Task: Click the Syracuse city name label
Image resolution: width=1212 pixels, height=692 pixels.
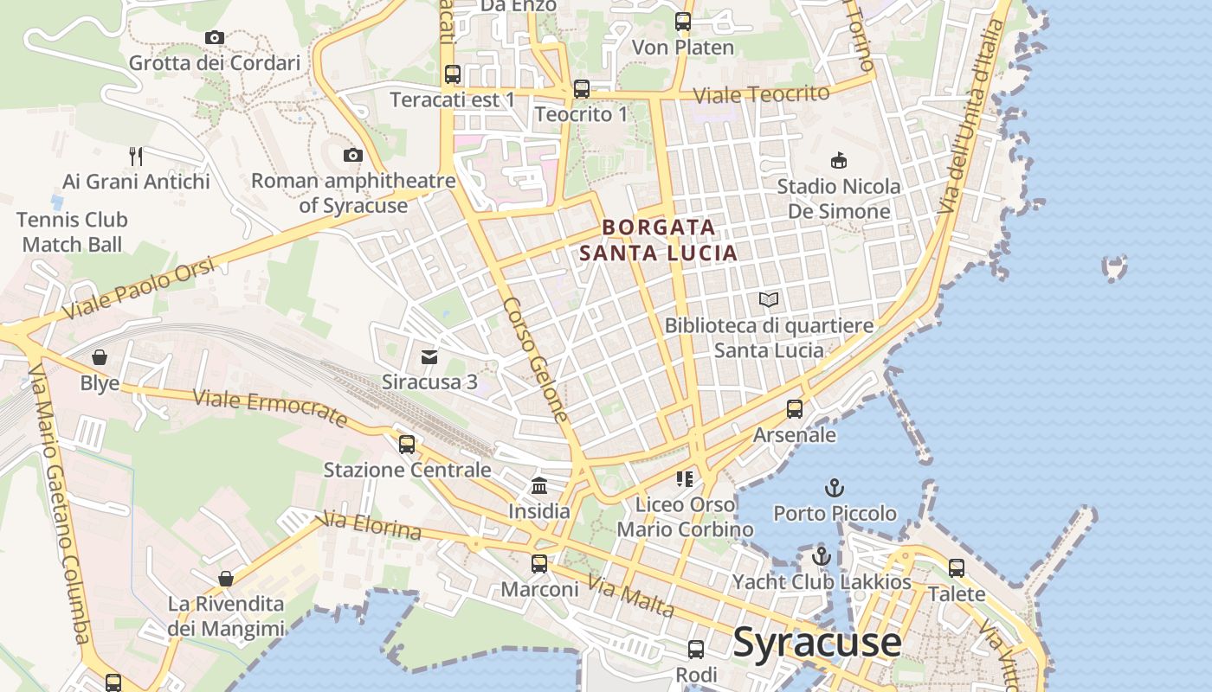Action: pos(817,642)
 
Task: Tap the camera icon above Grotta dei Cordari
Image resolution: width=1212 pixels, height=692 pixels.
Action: pos(215,37)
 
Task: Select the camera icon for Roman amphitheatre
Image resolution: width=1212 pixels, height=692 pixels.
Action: pos(352,156)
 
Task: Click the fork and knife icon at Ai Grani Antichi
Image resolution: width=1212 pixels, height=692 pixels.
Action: pos(136,156)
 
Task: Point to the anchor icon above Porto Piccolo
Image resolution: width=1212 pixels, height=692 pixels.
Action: pos(835,488)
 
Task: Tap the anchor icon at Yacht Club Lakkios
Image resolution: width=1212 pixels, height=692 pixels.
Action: pos(822,555)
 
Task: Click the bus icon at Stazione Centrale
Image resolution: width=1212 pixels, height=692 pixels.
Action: pos(407,445)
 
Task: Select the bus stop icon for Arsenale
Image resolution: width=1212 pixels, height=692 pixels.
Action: pos(795,409)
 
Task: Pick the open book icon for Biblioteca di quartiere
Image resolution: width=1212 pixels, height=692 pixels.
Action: pos(769,300)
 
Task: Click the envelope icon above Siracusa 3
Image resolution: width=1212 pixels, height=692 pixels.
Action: pos(429,356)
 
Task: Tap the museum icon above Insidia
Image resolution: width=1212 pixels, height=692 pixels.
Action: pos(539,485)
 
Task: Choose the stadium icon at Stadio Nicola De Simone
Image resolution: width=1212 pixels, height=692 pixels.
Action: pos(838,160)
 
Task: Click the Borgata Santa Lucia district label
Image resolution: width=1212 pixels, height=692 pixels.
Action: pos(659,240)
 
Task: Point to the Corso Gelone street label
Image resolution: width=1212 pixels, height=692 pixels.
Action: pos(535,359)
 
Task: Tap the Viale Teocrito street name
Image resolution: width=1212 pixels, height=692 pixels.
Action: pos(761,94)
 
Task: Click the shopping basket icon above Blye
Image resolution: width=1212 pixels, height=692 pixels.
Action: pos(100,357)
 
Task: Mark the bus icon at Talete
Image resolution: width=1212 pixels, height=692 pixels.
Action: pos(957,568)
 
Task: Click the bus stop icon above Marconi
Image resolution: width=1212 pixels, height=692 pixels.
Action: pos(539,564)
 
